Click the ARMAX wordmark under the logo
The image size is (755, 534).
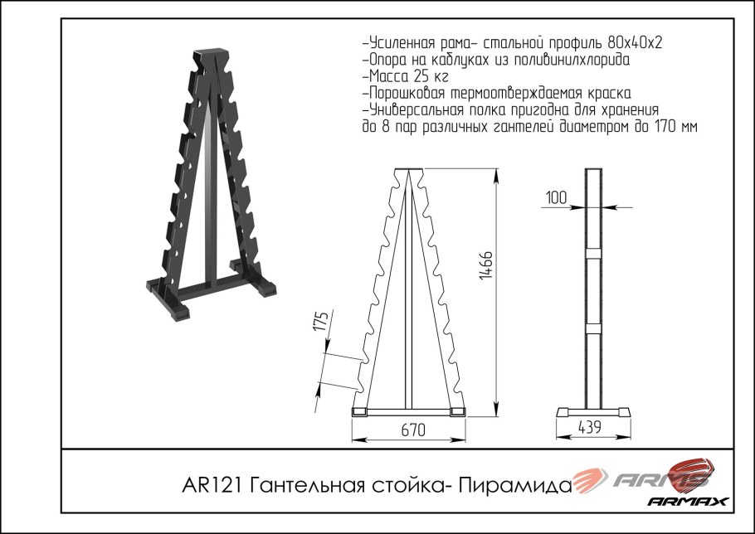tap(688, 502)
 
